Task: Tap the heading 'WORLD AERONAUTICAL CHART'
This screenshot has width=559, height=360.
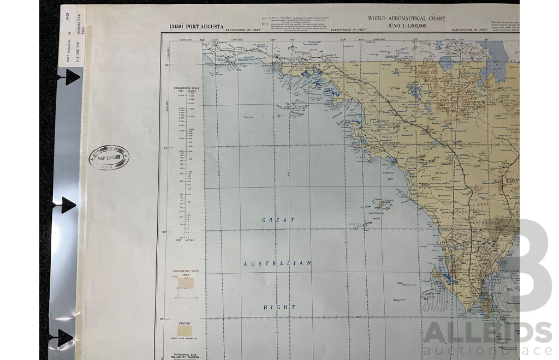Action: [406, 19]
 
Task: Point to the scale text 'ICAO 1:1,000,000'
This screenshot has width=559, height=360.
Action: [406, 25]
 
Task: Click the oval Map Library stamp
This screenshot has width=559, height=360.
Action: [109, 157]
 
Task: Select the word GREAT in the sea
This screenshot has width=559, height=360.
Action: [278, 220]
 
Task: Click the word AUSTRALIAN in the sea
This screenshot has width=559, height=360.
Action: [277, 263]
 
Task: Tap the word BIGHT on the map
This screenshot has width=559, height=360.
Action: [279, 307]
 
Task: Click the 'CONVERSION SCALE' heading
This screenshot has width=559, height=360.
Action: [185, 88]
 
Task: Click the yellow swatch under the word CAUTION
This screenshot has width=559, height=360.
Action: [185, 331]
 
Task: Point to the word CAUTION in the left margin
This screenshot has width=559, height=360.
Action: [185, 323]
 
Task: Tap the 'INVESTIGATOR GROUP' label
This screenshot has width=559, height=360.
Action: [376, 217]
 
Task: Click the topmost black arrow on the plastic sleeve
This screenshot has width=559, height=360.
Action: [70, 77]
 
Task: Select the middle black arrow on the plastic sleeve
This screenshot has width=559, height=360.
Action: [68, 205]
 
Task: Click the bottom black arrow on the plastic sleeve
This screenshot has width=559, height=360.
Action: [65, 338]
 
